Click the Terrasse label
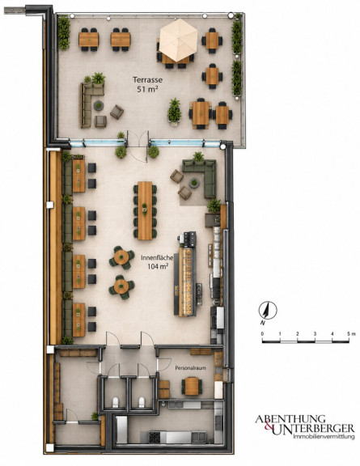[147, 80]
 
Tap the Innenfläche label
[157, 258]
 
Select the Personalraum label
[191, 368]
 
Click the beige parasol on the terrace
[178, 40]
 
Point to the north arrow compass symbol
[268, 311]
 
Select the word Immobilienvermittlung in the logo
[324, 437]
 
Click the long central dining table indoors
[145, 210]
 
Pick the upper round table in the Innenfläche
[121, 257]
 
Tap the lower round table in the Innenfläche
[121, 286]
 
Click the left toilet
[116, 402]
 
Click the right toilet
[142, 402]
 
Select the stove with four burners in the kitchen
[155, 437]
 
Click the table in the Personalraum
[192, 387]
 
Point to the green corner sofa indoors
[202, 176]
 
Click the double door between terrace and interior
[137, 146]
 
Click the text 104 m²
[157, 267]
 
